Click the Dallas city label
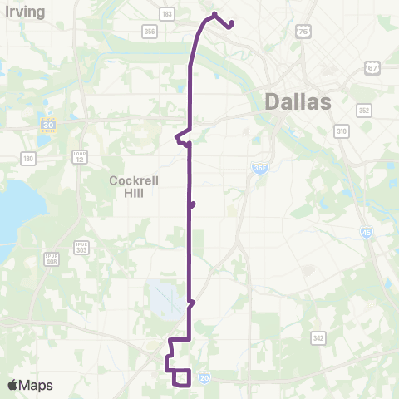pos(298,101)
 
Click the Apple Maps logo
pos(30,385)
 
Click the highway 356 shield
pos(150,32)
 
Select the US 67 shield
pos(372,67)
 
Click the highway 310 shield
pos(341,131)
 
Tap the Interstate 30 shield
pos(47,126)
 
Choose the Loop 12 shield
pos(80,157)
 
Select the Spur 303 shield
pos(81,248)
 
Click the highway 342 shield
pos(318,337)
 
